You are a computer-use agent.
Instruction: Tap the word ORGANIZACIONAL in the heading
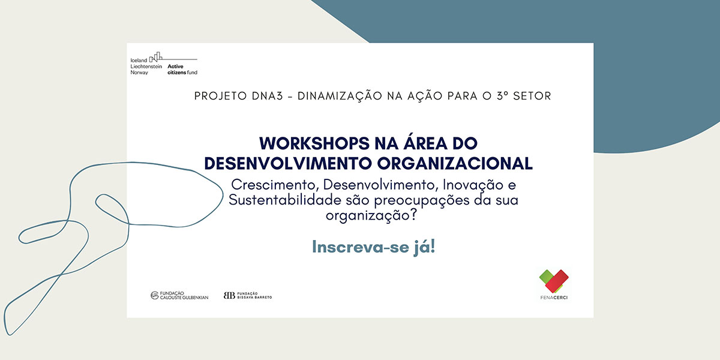point(455,164)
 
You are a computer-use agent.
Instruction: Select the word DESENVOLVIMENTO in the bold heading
point(288,164)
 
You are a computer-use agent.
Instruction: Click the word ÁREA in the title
point(425,142)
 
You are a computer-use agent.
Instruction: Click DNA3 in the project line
point(268,96)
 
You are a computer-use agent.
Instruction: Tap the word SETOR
point(532,96)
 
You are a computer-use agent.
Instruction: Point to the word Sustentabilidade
point(285,200)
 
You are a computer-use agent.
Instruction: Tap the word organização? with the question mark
point(371,215)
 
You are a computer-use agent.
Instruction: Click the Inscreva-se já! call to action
point(373,247)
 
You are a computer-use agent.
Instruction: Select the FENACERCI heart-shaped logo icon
point(554,281)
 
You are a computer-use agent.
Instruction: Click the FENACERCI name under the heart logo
point(554,298)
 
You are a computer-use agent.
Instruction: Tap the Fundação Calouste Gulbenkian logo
point(179,295)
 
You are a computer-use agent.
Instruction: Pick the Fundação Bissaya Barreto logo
point(248,295)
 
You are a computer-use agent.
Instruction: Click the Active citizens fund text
point(182,70)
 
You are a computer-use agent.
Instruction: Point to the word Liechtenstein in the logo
point(146,67)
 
